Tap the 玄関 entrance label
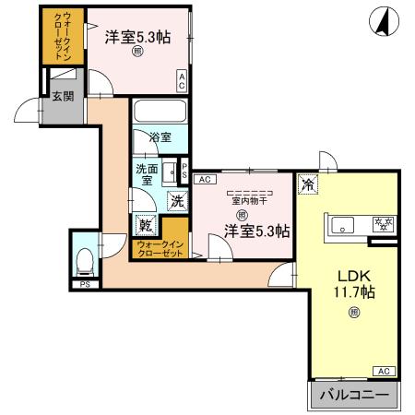(x=62, y=96)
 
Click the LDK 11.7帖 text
(x=354, y=284)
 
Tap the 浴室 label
(x=160, y=137)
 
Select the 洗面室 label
(x=147, y=174)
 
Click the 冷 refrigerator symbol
(x=307, y=184)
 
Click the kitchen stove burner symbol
(x=382, y=223)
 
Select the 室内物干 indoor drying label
(x=247, y=200)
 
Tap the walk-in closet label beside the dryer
(x=161, y=247)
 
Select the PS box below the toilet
(x=84, y=284)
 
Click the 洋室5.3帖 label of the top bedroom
(x=137, y=38)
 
